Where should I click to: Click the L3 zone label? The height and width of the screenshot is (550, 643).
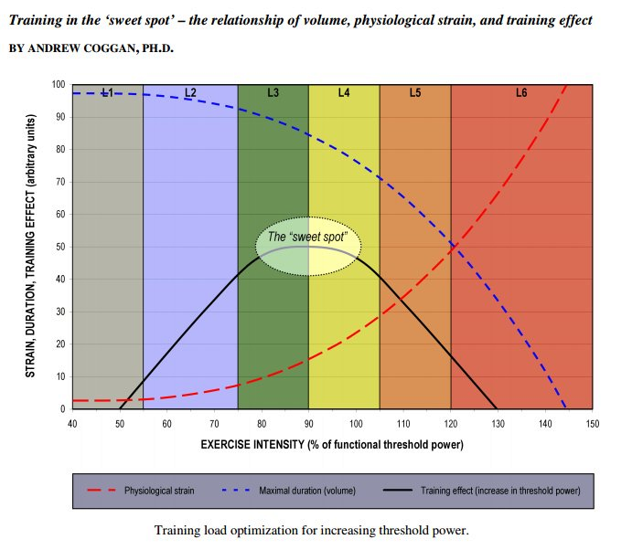tap(273, 92)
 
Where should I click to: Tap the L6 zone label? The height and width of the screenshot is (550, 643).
tap(521, 92)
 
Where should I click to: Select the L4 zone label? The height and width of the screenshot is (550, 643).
tap(344, 92)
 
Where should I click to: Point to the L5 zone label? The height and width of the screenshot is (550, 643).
tap(414, 92)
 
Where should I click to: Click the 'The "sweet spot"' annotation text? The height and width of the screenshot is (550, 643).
tap(307, 238)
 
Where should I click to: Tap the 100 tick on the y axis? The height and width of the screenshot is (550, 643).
tap(59, 85)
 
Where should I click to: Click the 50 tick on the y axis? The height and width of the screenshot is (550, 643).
tap(60, 247)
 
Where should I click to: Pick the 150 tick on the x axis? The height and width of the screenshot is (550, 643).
tap(592, 424)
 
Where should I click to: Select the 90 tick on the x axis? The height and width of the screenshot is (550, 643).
tap(308, 424)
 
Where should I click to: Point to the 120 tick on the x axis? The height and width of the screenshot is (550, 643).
tap(450, 424)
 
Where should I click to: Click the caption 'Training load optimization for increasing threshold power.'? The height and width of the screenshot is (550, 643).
tap(311, 530)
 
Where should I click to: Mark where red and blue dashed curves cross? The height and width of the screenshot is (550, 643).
tap(454, 245)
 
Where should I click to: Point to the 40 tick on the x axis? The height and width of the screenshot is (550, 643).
tap(72, 424)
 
